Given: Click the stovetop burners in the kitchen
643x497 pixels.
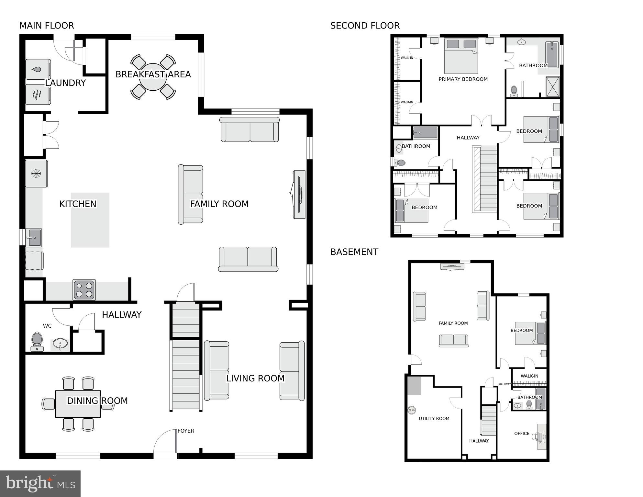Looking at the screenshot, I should click(84, 289).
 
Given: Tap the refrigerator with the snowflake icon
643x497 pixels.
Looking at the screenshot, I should click(36, 174).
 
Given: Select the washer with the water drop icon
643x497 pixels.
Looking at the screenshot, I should click(38, 69).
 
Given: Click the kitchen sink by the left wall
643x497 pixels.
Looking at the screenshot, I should click(33, 237).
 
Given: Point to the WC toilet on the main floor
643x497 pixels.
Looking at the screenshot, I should click(37, 341).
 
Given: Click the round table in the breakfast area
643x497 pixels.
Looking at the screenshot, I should click(153, 77).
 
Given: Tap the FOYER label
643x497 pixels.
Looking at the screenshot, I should click(186, 431).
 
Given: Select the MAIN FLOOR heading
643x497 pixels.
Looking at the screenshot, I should click(47, 26).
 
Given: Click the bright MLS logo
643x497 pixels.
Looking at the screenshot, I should click(40, 484).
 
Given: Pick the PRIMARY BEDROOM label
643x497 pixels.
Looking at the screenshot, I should click(463, 79).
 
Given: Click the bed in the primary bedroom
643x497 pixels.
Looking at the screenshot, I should click(461, 56).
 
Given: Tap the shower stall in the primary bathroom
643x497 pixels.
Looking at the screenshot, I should click(552, 86).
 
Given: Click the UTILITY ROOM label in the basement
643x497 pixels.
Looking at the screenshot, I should click(434, 418).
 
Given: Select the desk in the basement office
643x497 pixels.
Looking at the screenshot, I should click(542, 436).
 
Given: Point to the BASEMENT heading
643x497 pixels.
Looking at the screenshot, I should click(354, 252).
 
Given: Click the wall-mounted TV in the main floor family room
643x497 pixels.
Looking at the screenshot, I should click(299, 194).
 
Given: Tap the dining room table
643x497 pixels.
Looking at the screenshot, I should click(78, 404).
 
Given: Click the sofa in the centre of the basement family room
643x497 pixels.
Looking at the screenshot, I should click(453, 341).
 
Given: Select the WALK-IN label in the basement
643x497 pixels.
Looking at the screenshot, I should click(529, 376).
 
